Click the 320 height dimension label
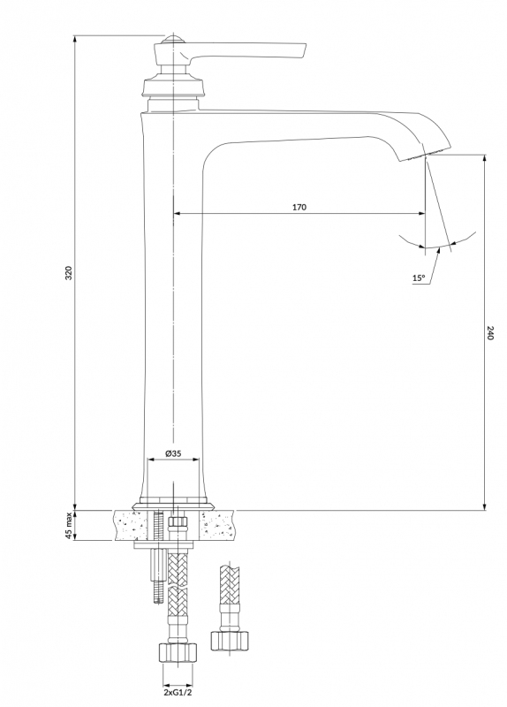[69, 273]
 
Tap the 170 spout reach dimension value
[299, 207]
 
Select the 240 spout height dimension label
[491, 332]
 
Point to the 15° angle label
[418, 278]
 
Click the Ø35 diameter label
[173, 453]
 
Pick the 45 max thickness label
[69, 526]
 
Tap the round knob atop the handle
[173, 39]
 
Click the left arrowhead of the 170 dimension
[178, 213]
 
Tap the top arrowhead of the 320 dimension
[75, 39]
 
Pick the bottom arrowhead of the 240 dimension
[484, 506]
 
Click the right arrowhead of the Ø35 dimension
[195, 460]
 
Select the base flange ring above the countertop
[173, 505]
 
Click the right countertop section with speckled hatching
[217, 525]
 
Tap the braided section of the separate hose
[230, 582]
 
